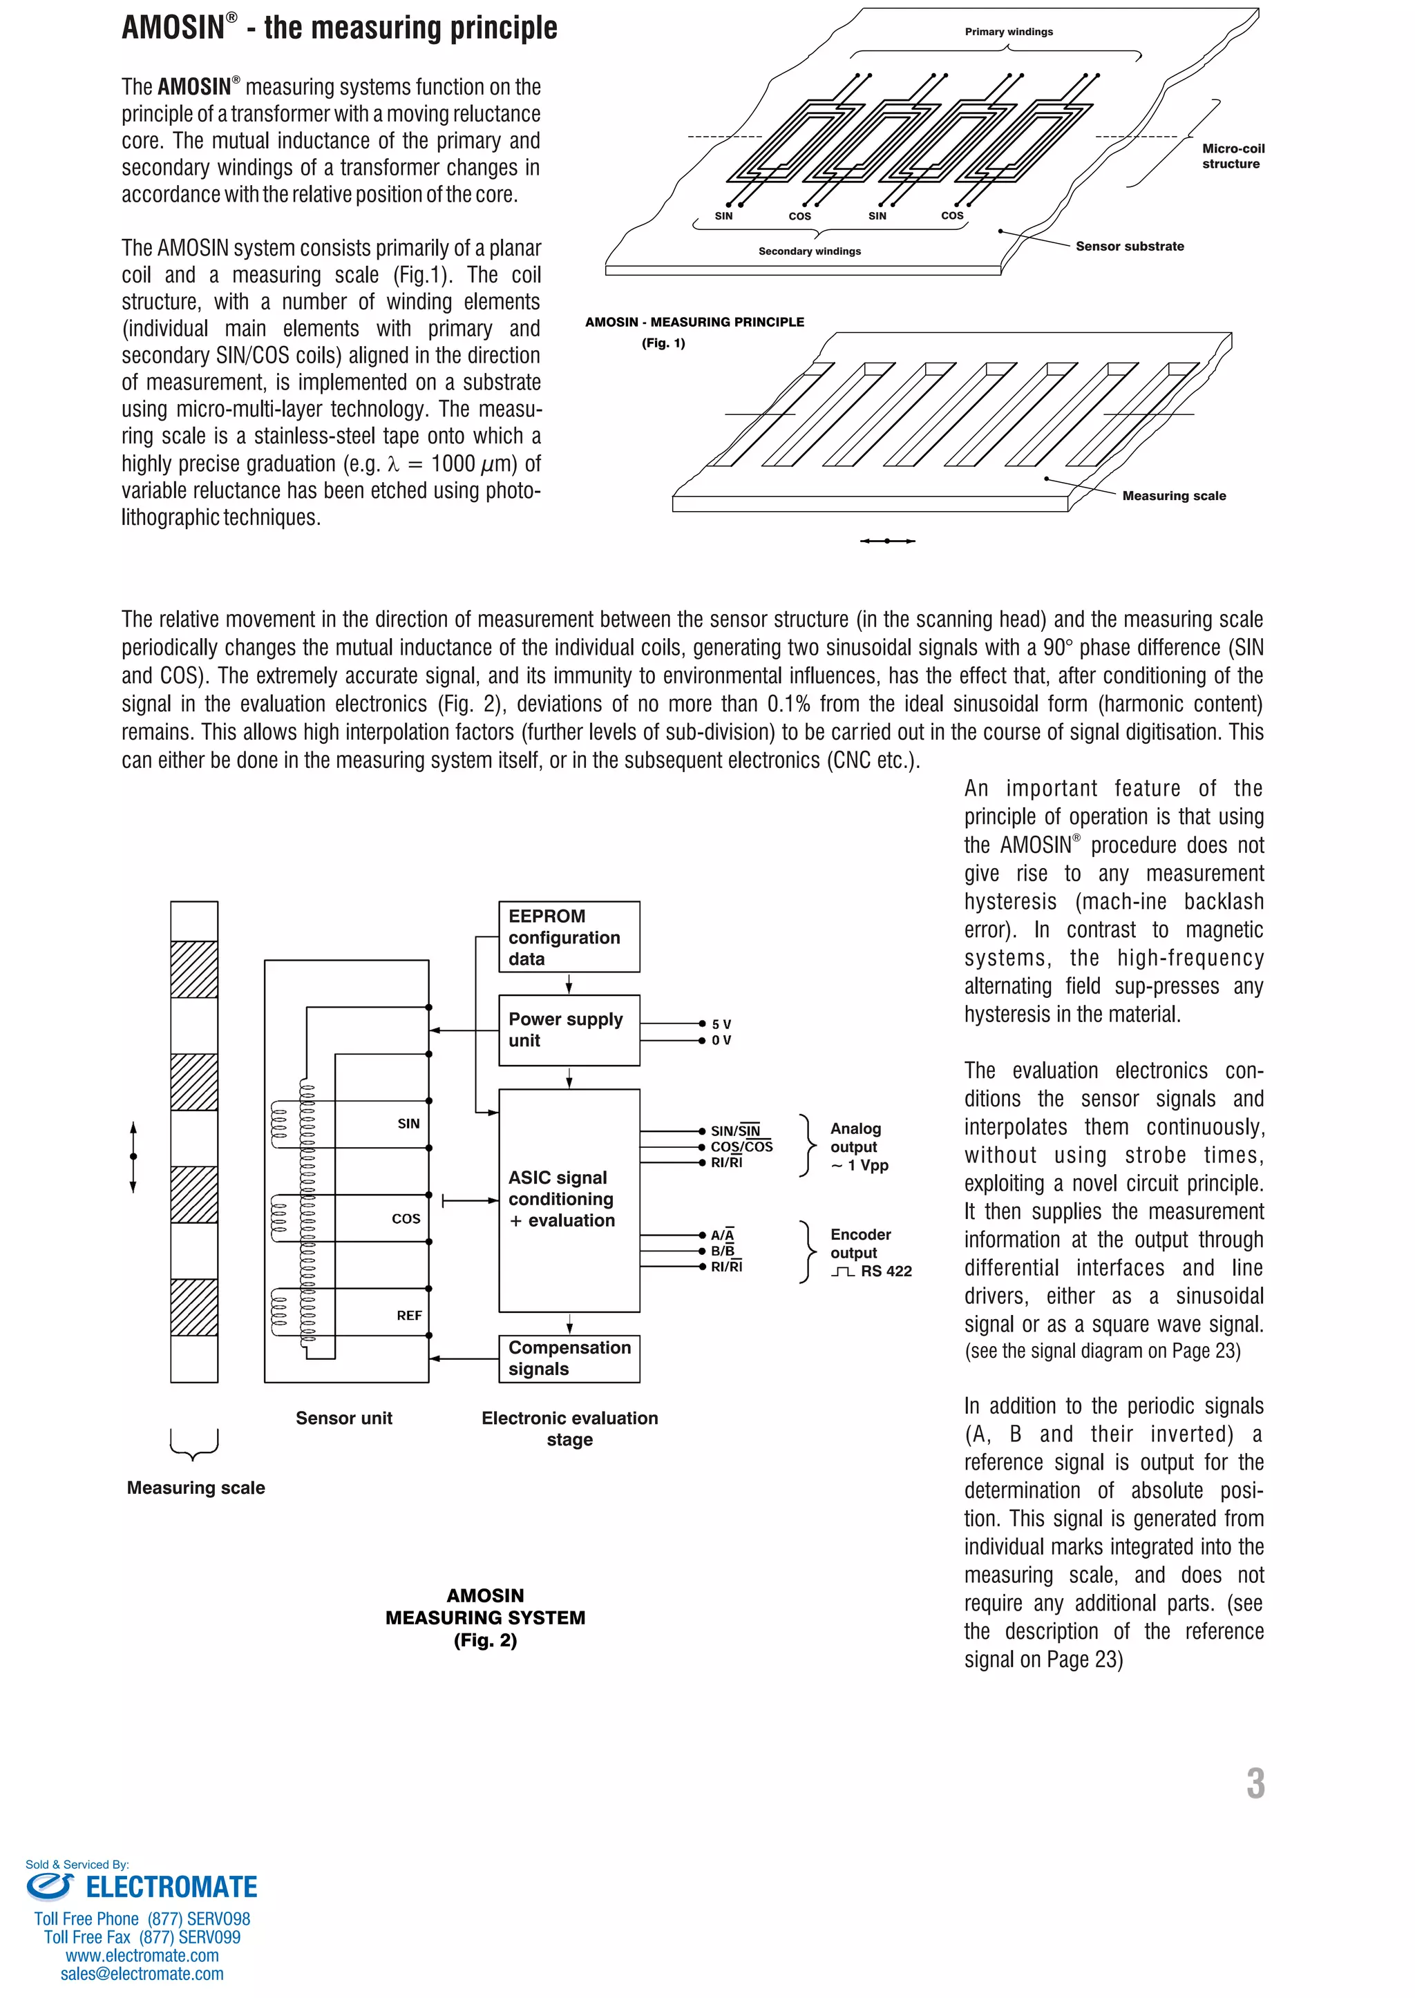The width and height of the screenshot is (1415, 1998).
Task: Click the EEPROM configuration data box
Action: click(569, 936)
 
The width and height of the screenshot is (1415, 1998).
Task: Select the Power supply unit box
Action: click(569, 1030)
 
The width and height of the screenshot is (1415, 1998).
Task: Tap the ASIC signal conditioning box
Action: click(569, 1200)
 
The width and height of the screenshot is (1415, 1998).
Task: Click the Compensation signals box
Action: click(569, 1358)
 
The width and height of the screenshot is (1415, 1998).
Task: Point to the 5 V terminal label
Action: click(721, 1024)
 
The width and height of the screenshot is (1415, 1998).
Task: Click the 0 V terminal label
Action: click(721, 1040)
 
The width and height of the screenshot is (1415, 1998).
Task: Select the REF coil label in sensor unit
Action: click(408, 1315)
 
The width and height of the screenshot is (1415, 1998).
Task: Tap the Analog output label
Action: click(855, 1137)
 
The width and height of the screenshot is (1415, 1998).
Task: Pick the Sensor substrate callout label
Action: click(1129, 247)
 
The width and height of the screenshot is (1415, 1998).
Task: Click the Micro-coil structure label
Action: click(1232, 156)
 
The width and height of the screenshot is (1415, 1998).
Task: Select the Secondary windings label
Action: click(810, 251)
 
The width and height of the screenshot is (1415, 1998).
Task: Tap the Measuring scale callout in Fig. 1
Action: click(1174, 496)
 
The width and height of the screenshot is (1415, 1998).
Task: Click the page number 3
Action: click(1255, 1784)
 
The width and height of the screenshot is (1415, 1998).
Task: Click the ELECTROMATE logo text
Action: click(171, 1887)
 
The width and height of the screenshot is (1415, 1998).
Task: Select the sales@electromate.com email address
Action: click(142, 1974)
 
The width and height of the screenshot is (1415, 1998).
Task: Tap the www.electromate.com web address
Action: click(142, 1955)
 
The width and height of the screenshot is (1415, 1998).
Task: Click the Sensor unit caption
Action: click(343, 1418)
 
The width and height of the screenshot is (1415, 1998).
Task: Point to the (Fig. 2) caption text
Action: click(485, 1640)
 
